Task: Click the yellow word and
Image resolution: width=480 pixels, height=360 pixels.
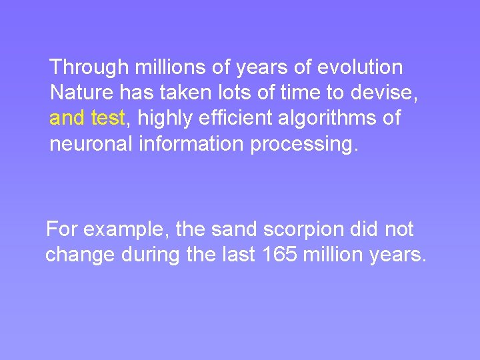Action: (x=67, y=119)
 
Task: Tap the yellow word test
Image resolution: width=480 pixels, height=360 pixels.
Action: (x=107, y=119)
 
